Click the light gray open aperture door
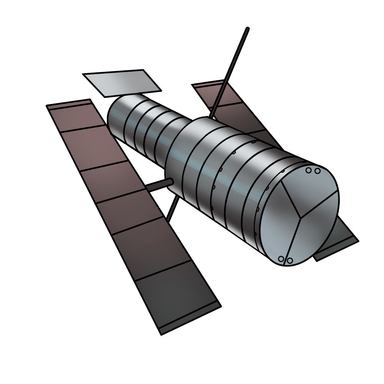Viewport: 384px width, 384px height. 122,83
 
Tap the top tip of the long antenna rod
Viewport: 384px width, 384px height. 248,28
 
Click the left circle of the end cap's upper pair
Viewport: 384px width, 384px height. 309,170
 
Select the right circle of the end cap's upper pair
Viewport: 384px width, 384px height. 317,171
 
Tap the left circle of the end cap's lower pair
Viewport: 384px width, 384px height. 281,259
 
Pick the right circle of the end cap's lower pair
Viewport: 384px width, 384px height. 290,261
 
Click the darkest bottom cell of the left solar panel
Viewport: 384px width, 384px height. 177,292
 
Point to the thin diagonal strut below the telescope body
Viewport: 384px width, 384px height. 172,209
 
